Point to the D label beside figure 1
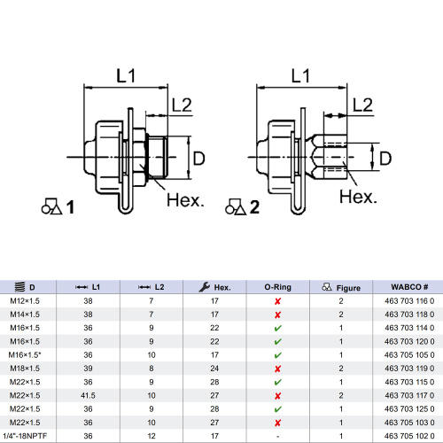[199, 158]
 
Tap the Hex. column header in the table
[215, 287]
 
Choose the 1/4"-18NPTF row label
[30, 434]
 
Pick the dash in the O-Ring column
[278, 434]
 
